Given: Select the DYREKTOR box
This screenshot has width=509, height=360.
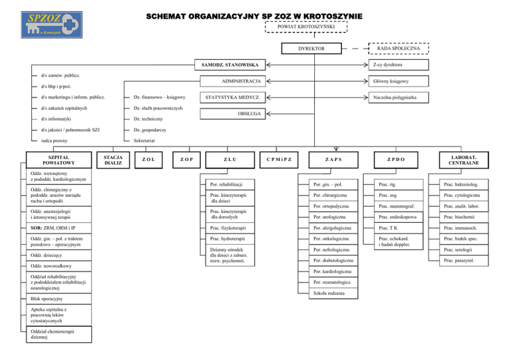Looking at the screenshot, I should point(311,49).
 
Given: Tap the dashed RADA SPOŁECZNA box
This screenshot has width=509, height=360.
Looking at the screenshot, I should point(396,49).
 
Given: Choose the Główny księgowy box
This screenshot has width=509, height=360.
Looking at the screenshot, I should point(395,81).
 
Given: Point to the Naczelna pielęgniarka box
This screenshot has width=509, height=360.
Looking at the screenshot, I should point(395,97).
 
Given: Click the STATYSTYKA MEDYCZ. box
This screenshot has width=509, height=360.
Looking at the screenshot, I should point(232,97).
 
